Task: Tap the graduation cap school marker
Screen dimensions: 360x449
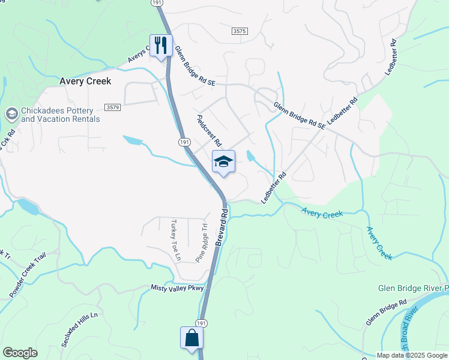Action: pos(223,161)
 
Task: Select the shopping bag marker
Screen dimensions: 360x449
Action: pos(192,338)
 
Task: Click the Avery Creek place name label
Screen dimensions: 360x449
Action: pos(85,81)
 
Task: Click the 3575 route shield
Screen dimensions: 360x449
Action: pos(239,30)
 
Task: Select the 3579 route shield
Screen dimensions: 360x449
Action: pos(112,107)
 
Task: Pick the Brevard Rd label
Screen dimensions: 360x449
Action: pos(221,226)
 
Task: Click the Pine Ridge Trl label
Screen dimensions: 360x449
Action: pos(202,244)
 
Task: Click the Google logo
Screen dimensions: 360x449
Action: pos(20,353)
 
